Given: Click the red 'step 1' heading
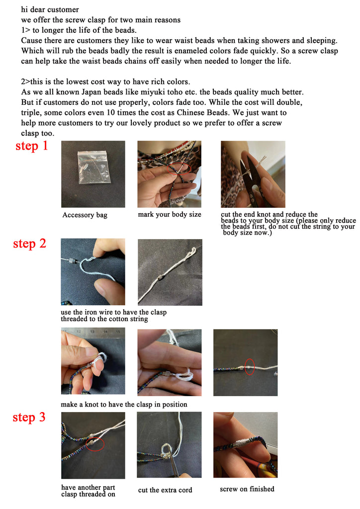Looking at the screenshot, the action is click(31, 146).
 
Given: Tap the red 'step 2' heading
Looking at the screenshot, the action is click(29, 244).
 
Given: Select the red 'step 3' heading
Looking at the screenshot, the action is click(29, 417).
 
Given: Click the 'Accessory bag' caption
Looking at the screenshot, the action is click(85, 215).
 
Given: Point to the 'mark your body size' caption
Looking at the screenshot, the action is click(170, 214).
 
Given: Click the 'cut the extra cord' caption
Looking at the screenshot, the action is click(165, 490).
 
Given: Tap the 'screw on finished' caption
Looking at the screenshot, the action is click(247, 489).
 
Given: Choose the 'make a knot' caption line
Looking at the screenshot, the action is click(124, 404).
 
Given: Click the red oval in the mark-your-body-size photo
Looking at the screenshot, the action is click(179, 169).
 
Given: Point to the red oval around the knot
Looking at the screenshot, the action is click(249, 366).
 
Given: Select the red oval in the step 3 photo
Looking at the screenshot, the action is click(95, 444).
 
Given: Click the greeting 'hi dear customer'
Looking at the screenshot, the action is click(50, 9).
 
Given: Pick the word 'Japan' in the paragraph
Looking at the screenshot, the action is click(91, 92).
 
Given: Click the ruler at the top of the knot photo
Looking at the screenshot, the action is click(93, 332).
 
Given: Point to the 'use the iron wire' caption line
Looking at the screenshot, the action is click(113, 312).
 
